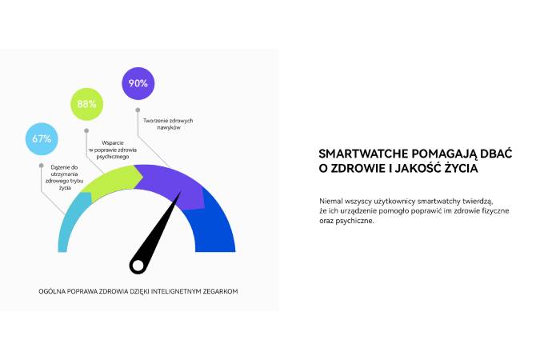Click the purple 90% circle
(x=138, y=83)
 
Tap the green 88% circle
(x=86, y=104)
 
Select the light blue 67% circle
(x=42, y=138)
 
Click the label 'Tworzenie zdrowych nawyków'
(x=168, y=124)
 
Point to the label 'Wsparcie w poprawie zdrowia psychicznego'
(x=113, y=150)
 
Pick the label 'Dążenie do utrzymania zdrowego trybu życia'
(x=64, y=178)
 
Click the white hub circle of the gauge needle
(x=138, y=266)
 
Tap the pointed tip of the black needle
(x=181, y=192)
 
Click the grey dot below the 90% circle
(x=138, y=110)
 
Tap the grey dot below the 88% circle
(x=86, y=130)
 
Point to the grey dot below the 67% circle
(x=42, y=166)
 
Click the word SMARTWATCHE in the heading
(x=363, y=154)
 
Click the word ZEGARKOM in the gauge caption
(x=220, y=291)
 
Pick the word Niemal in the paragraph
(x=330, y=201)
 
